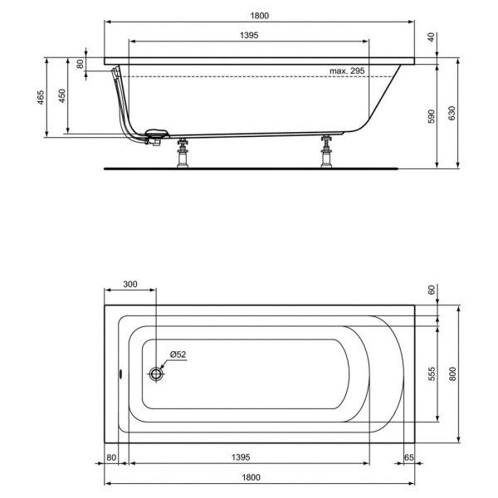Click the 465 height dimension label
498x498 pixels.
[40, 98]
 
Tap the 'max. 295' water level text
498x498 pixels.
[345, 72]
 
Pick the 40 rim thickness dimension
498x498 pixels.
[430, 37]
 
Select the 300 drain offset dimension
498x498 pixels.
[129, 284]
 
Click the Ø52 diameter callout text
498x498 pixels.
[178, 354]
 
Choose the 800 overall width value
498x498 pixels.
[452, 373]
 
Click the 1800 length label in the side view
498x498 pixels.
[261, 14]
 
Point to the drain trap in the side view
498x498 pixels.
[155, 136]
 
